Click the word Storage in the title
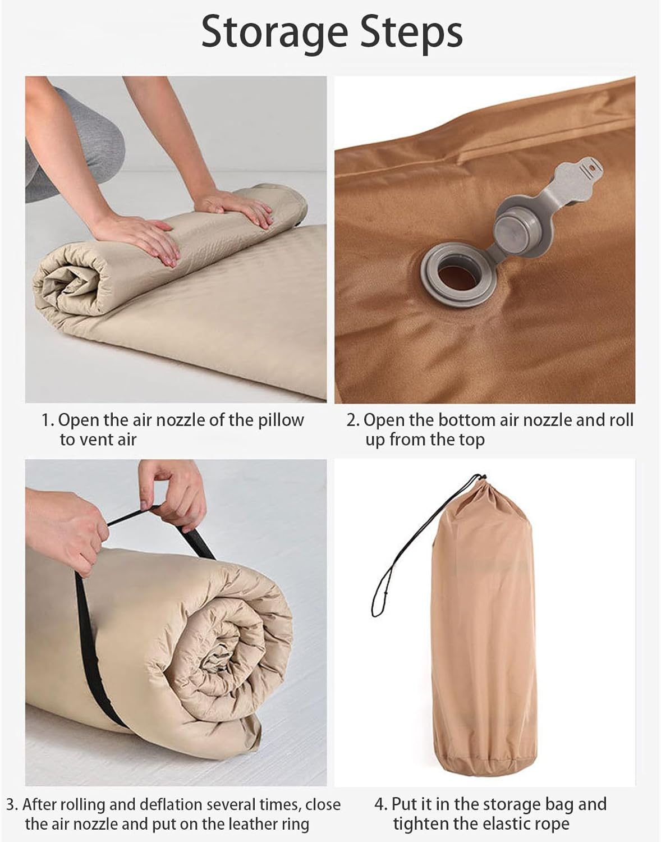click(x=274, y=34)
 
